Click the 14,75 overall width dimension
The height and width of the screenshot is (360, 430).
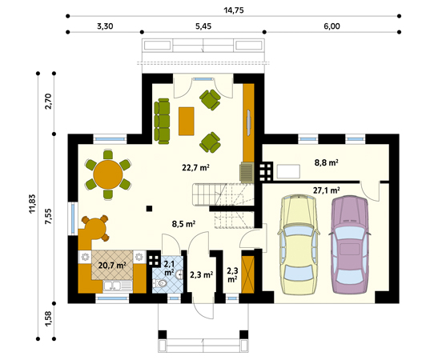coord(234,10)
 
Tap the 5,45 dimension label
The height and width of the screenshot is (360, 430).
coord(203,26)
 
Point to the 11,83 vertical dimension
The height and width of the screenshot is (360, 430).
coord(32,203)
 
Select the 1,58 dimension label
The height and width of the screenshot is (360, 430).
coord(48,318)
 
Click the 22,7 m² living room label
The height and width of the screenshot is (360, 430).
coord(196,167)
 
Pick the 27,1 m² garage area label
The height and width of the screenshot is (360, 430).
coord(327,190)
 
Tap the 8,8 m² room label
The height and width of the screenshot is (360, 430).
coord(326,162)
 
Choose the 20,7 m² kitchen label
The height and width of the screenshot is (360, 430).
coord(112,266)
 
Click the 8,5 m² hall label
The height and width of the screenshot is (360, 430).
coord(183,224)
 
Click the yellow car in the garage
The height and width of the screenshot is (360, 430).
coord(299,244)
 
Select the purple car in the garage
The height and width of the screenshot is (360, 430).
coord(350,244)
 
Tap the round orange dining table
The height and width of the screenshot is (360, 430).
coord(108,174)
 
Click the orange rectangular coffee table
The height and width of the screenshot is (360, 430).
coord(187,121)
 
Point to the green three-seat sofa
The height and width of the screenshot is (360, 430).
coord(162,121)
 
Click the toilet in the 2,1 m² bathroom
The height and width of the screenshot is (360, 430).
coord(160,282)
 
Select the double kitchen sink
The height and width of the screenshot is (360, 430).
coord(118,286)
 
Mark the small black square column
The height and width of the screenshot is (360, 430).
coord(149,209)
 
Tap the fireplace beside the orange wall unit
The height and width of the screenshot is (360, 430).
coord(247,173)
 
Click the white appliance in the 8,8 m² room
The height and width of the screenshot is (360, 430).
coord(288,171)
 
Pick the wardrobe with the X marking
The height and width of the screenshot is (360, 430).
coord(248,274)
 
